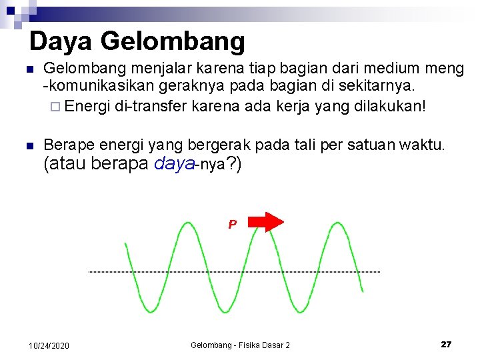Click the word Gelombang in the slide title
[x=173, y=41]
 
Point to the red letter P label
[x=232, y=225]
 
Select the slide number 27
[x=446, y=344]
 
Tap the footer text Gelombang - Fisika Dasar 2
[x=240, y=345]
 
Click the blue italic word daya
[x=173, y=164]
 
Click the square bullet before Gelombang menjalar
[x=28, y=69]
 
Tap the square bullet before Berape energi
[x=28, y=145]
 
